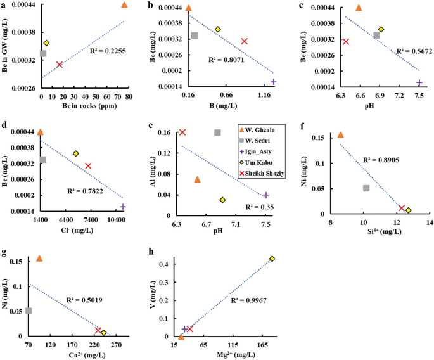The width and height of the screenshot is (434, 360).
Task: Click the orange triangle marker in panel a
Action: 124,5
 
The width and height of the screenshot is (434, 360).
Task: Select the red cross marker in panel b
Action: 244,41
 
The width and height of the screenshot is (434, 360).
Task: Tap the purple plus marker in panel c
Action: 419,82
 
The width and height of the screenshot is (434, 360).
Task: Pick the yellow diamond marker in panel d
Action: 75,153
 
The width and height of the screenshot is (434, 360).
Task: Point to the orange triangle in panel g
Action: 39,259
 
